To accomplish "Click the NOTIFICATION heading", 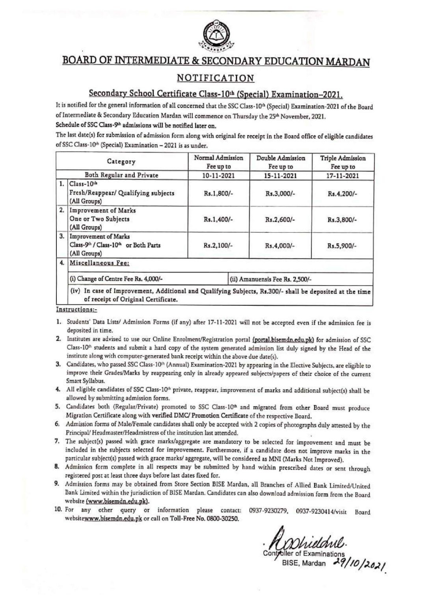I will pos(215,78).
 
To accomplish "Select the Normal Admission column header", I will pos(218,162).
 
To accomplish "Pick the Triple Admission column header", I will pos(342,162).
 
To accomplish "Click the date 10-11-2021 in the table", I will pos(218,176).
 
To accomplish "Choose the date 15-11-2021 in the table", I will pos(281,176).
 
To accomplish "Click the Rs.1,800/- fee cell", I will pos(218,194).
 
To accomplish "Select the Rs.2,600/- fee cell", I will pos(281,219).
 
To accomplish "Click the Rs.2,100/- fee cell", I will pos(218,245).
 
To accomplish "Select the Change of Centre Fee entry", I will pos(117,279).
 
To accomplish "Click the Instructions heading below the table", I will pos(74,310).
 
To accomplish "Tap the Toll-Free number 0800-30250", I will pos(222,519).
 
